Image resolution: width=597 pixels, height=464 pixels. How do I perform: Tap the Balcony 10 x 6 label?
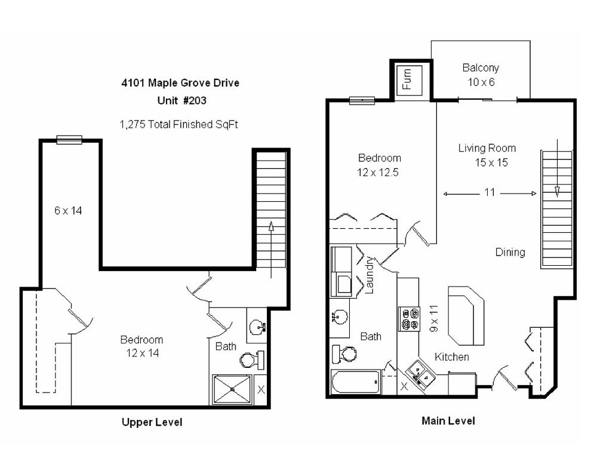coord(481,75)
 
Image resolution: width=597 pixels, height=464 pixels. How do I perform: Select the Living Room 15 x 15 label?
coord(487,155)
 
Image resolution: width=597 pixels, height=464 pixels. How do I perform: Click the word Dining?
coord(510,252)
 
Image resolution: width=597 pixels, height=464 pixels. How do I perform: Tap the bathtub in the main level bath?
coord(356,382)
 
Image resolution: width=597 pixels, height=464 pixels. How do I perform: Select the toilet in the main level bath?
coord(343,354)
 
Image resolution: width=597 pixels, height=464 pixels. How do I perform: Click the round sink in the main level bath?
coord(340,315)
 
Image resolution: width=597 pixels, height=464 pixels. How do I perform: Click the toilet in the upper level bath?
coord(250,359)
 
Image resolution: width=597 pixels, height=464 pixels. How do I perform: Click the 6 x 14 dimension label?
coord(68,210)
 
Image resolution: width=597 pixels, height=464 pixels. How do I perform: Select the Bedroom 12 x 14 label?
coord(141,346)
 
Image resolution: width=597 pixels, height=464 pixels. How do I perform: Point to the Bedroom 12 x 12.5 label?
coord(379,164)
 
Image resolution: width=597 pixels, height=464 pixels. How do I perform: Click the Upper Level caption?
coord(152,422)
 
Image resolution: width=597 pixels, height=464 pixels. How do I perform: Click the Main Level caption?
coord(448,421)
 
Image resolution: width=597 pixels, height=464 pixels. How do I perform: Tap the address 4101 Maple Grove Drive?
coord(180,83)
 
